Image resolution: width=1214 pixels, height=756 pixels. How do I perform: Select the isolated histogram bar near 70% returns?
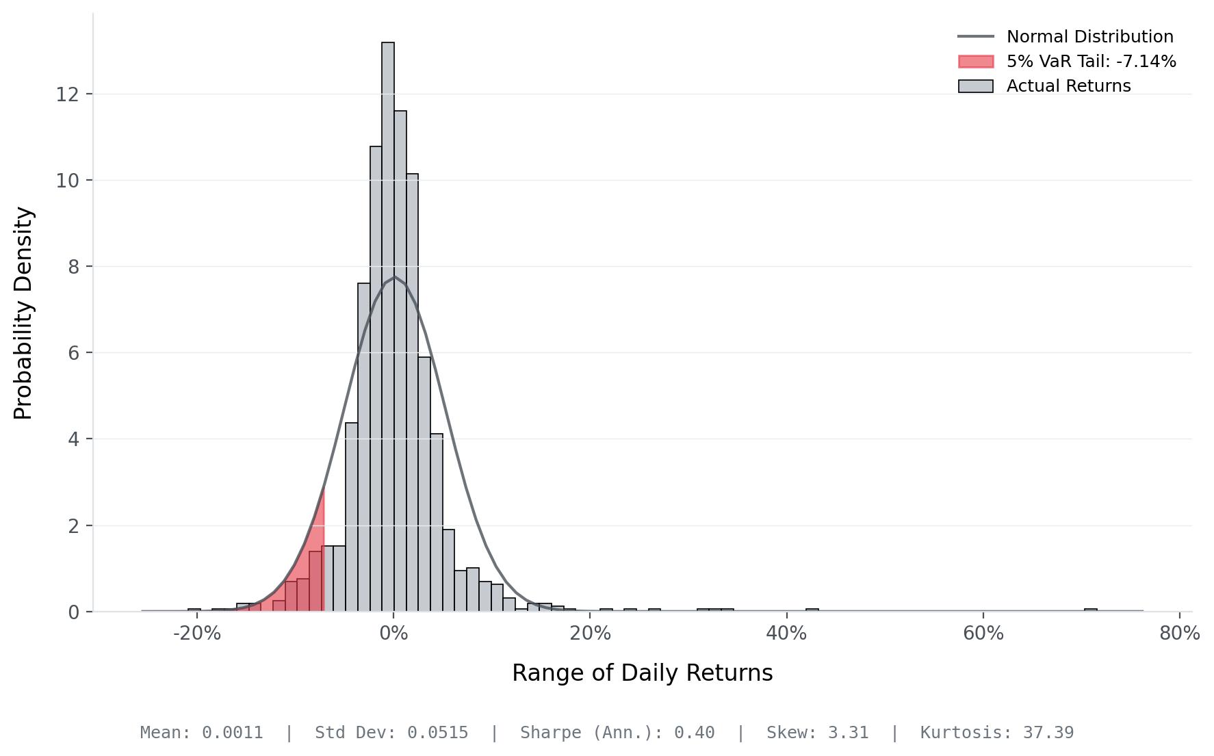1090,610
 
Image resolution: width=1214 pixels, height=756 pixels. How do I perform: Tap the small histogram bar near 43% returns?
812,610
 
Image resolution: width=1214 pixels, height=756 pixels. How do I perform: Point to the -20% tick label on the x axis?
197,634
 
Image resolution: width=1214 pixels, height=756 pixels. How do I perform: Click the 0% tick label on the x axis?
393,634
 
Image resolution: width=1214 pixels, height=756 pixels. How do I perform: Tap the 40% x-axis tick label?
786,634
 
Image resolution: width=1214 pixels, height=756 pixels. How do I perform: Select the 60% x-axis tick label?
983,634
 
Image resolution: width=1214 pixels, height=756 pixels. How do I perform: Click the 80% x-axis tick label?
1179,634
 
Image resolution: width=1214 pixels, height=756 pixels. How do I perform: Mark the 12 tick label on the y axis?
66,94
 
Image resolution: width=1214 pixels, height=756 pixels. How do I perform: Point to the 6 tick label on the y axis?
73,353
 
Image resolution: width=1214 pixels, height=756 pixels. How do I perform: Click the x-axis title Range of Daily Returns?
642,673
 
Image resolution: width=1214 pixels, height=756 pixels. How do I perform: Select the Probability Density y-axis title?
23,313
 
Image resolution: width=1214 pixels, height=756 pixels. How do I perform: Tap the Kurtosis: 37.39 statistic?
996,733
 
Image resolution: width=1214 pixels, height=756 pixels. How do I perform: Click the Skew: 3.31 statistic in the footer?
817,733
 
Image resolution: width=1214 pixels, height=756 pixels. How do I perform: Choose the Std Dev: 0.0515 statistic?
391,733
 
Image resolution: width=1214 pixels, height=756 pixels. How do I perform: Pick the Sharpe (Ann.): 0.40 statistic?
617,733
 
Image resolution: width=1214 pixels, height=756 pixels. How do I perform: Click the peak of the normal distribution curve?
394,277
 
